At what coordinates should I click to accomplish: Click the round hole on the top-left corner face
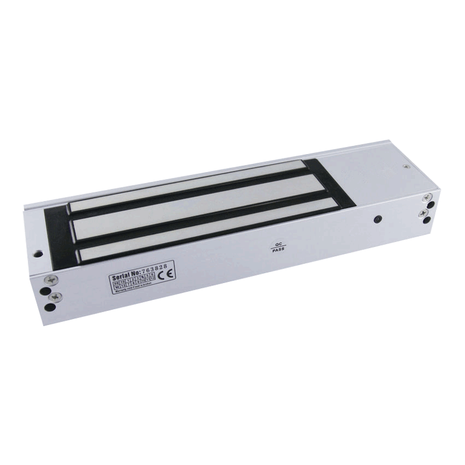(x=38, y=253)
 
